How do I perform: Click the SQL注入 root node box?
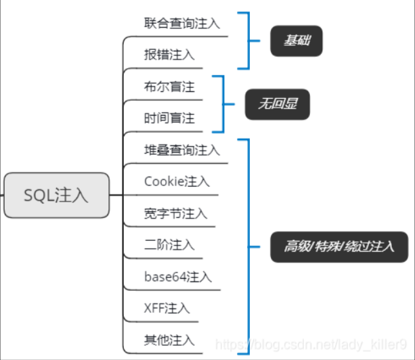coord(57,195)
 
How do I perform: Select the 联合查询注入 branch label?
coord(182,23)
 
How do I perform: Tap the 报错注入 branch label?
coord(169,55)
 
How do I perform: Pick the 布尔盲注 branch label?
coord(169,87)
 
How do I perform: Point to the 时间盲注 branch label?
coord(169,118)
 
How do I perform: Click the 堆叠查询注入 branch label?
coord(182,150)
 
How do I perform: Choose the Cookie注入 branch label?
coord(177,181)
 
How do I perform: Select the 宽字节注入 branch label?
coord(175,213)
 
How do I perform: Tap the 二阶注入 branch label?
coord(169,244)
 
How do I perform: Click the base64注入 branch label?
coord(178,277)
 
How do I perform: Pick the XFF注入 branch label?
coord(167,308)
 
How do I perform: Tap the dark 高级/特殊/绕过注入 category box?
coord(338,245)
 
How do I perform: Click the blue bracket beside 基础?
coord(248,40)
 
